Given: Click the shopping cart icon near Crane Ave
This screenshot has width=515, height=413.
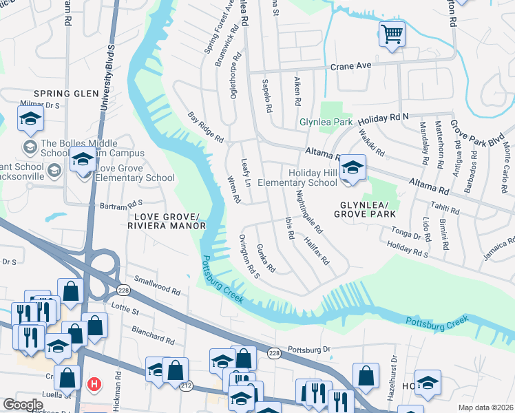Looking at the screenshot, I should pos(392,33).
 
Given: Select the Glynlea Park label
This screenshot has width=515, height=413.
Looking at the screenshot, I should pos(326,123).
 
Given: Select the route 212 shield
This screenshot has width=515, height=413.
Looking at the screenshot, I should pos(185,386).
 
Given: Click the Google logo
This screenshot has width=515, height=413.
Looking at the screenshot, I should pos(22,404).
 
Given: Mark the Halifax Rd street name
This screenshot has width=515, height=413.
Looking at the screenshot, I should pos(319,251).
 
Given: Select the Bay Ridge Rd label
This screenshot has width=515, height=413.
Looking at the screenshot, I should pos(207,127).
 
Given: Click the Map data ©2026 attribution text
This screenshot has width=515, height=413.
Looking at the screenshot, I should pos(485,407).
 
